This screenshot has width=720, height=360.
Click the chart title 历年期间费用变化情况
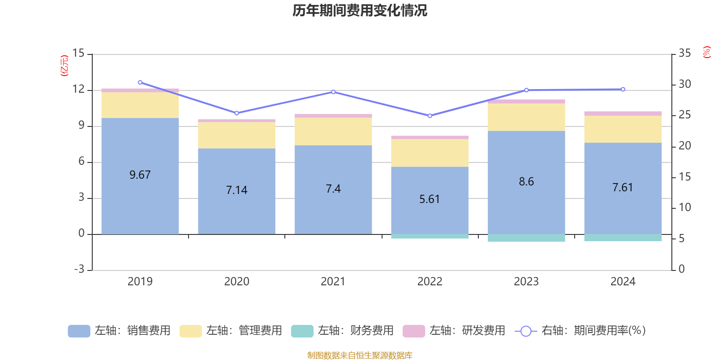click(x=360, y=10)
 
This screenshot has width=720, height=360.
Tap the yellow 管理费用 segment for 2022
click(x=430, y=153)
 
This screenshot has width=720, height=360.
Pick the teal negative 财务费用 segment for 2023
click(x=526, y=238)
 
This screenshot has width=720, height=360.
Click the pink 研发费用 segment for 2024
click(x=623, y=113)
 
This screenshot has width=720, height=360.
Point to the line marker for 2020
click(x=237, y=113)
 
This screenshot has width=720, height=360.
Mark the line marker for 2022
click(x=430, y=116)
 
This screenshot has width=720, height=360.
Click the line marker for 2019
click(x=140, y=82)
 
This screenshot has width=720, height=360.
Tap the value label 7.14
click(x=237, y=190)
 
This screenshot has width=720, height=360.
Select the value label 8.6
click(x=526, y=181)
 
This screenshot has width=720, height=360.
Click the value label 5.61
click(x=430, y=199)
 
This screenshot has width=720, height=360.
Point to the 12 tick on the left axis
click(x=78, y=89)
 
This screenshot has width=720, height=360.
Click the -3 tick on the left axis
click(x=79, y=269)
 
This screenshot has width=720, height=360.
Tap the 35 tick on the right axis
click(x=684, y=53)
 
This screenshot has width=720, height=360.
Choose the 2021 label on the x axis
click(x=333, y=281)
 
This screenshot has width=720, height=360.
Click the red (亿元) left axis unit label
click(x=64, y=66)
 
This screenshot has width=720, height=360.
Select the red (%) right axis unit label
click(x=706, y=52)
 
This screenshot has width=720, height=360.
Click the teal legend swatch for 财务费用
click(x=302, y=331)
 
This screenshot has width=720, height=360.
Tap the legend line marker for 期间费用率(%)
click(x=526, y=331)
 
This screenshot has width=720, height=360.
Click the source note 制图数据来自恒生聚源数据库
click(x=360, y=355)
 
